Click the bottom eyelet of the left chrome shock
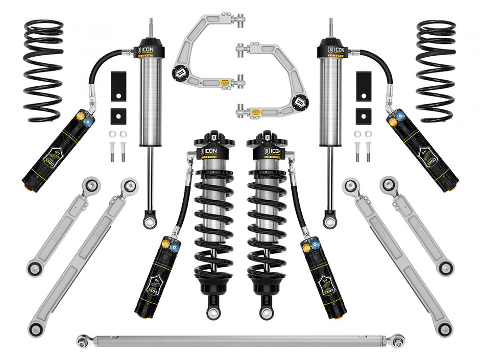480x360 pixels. point(149,221)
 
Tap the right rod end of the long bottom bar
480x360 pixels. point(397,340)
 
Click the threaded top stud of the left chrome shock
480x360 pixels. point(150,29)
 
